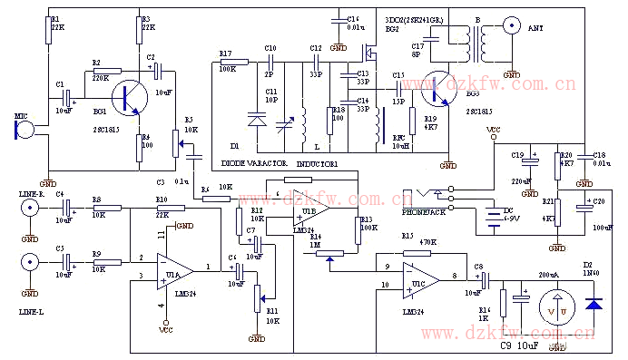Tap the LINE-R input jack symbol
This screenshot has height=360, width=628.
[x=31, y=209]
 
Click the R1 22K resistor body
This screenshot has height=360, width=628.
[x=46, y=33]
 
